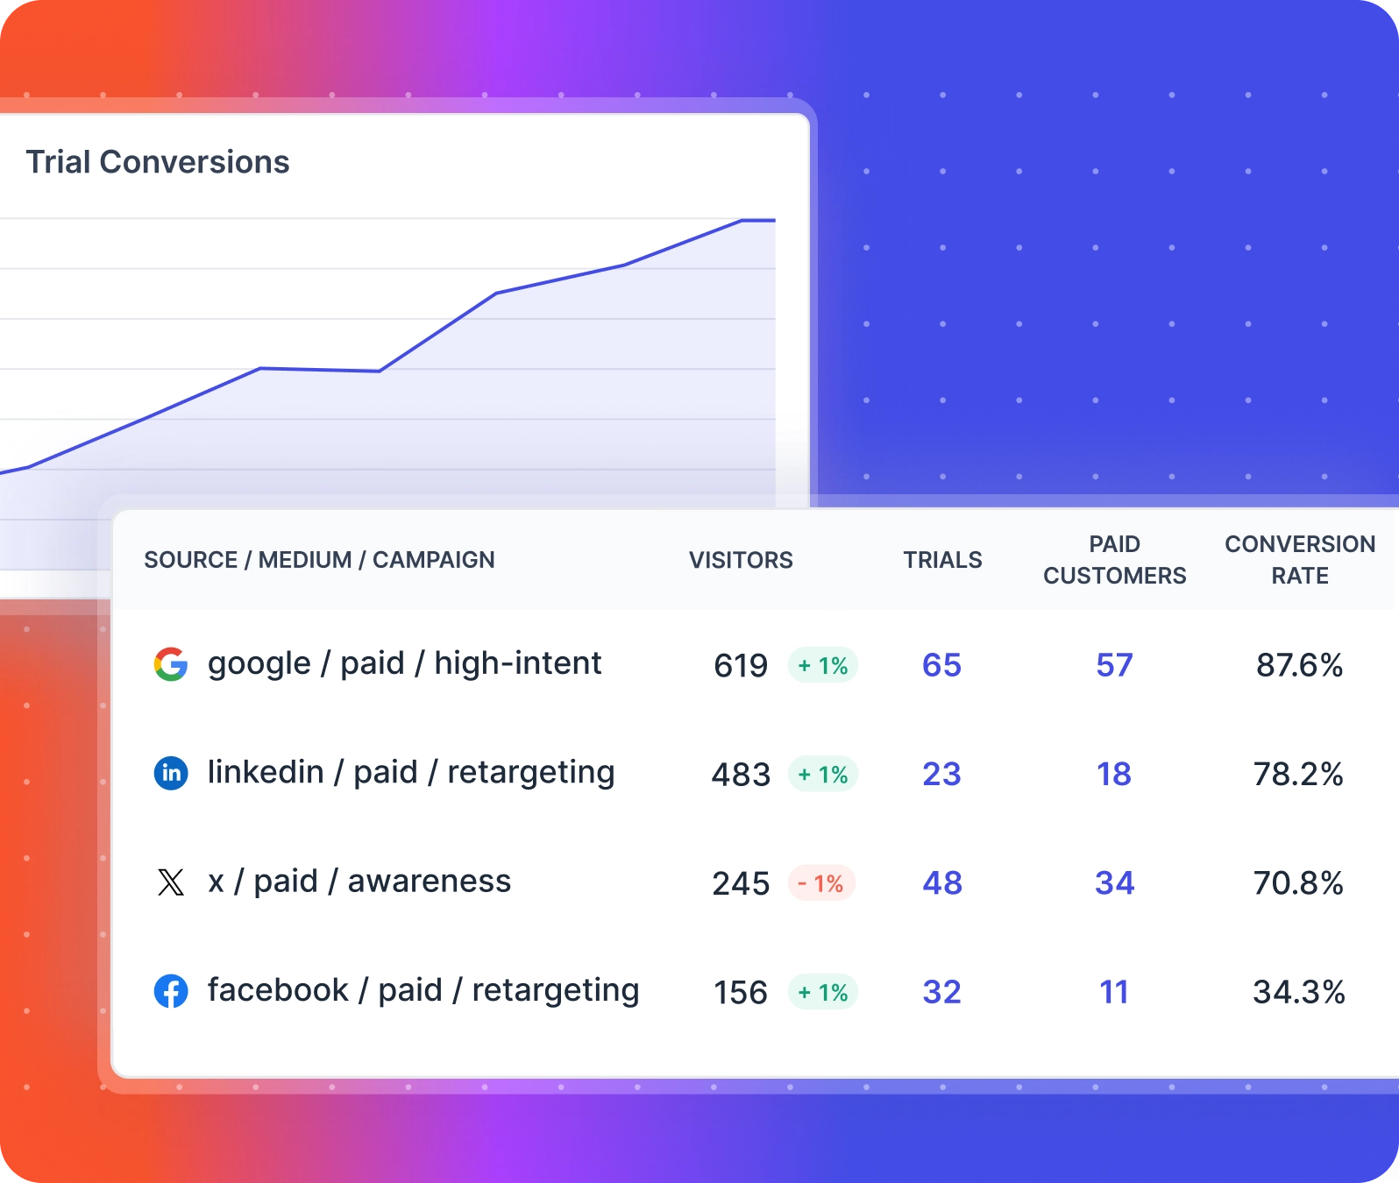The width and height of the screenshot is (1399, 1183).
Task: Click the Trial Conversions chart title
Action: click(x=158, y=162)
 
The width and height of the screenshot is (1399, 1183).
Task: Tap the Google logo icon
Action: click(x=171, y=664)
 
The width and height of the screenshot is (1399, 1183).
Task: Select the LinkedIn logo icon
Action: click(x=171, y=773)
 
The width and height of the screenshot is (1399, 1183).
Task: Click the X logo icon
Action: click(x=171, y=882)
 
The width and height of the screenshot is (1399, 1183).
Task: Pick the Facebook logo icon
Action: click(x=171, y=991)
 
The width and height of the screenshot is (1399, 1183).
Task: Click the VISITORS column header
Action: click(x=741, y=560)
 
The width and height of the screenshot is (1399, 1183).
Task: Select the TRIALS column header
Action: click(x=942, y=560)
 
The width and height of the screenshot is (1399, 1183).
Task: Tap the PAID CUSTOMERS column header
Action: click(x=1114, y=560)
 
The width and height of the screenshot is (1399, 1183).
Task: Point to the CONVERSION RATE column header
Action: click(x=1300, y=560)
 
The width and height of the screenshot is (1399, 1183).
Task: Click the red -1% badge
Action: click(x=821, y=883)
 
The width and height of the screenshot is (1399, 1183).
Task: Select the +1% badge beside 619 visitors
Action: click(x=822, y=666)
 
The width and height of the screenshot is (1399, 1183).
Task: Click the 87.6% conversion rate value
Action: click(x=1299, y=665)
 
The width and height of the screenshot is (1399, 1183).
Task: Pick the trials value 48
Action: click(x=942, y=883)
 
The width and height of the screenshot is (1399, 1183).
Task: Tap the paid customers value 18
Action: click(x=1114, y=774)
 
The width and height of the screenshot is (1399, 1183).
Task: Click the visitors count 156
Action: click(x=741, y=993)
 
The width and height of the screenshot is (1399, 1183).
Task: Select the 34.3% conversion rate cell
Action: click(x=1299, y=992)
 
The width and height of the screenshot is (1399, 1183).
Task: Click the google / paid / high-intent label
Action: click(x=404, y=663)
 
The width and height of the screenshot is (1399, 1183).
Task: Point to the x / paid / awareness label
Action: click(x=359, y=882)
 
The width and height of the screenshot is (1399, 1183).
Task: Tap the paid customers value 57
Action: click(x=1114, y=665)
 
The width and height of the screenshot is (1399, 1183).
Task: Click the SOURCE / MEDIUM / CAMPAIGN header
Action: click(x=319, y=560)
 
